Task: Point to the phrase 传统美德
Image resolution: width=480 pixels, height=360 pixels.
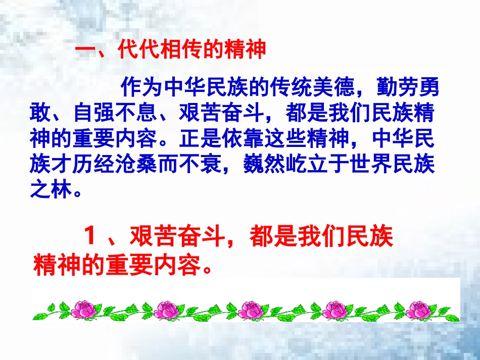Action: tap(312, 88)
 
